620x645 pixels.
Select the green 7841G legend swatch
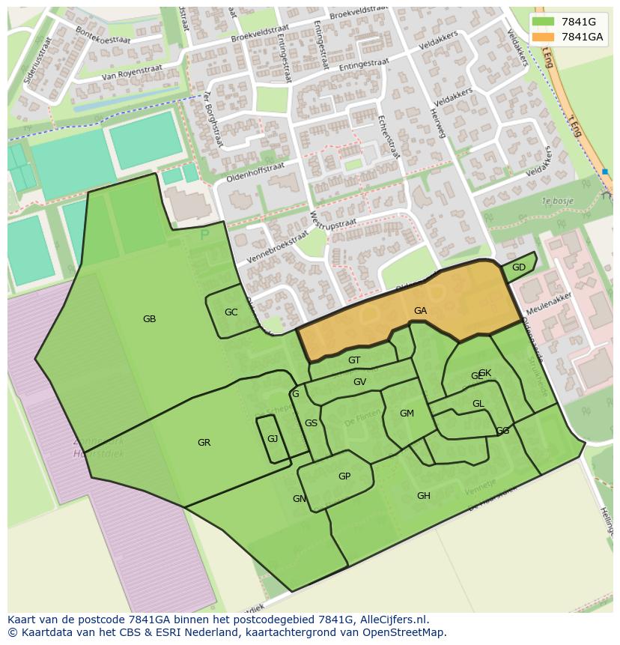click(x=544, y=22)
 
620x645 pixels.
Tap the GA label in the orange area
click(x=420, y=310)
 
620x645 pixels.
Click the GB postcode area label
click(x=149, y=319)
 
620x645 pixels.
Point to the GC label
click(x=231, y=312)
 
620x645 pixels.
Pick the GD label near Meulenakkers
click(x=518, y=267)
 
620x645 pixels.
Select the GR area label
click(x=204, y=443)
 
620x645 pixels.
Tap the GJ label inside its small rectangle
click(x=273, y=438)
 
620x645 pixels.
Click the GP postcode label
click(x=344, y=476)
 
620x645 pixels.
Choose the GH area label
click(x=424, y=496)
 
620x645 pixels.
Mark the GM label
click(x=407, y=414)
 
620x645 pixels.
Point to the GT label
click(x=354, y=360)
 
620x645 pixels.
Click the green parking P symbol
click(x=204, y=235)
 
